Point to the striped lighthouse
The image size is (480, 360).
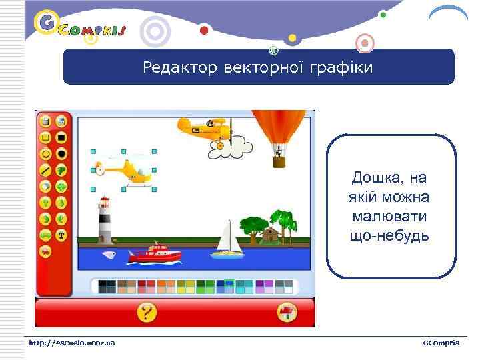pyautogui.click(x=105, y=220)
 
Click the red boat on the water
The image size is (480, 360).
pyautogui.click(x=154, y=253)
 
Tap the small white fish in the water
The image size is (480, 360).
pyautogui.click(x=109, y=254)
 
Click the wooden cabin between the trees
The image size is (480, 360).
pyautogui.click(x=270, y=235)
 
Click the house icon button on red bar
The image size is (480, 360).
pyautogui.click(x=287, y=312)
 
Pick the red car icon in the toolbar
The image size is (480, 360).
pyautogui.click(x=45, y=251)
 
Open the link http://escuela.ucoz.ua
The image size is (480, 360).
pyautogui.click(x=71, y=343)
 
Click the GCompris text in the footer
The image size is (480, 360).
pyautogui.click(x=441, y=343)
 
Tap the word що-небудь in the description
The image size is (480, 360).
pyautogui.click(x=389, y=236)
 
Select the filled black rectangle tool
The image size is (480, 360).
pyautogui.click(x=61, y=137)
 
